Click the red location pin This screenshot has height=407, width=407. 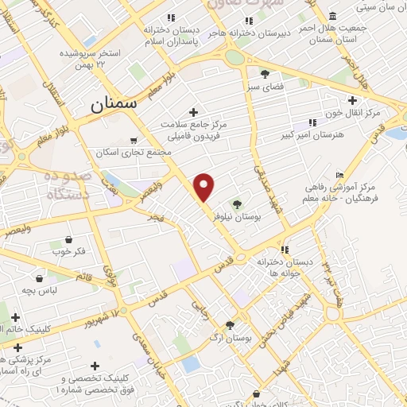pyautogui.click(x=204, y=186)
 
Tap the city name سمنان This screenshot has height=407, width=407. pyautogui.click(x=113, y=103)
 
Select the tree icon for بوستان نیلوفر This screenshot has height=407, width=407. pyautogui.click(x=237, y=204)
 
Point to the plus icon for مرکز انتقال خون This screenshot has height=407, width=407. pyautogui.click(x=354, y=100)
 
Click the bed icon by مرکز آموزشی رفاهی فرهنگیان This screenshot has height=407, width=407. pyautogui.click(x=340, y=175)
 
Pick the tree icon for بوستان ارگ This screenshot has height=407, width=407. pyautogui.click(x=230, y=324)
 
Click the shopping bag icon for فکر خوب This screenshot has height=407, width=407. pyautogui.click(x=69, y=239)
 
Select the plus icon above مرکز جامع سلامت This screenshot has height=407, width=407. pyautogui.click(x=193, y=112)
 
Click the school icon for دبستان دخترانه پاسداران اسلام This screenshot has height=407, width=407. pyautogui.click(x=170, y=17)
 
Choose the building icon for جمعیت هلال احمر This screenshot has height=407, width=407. pyautogui.click(x=332, y=17)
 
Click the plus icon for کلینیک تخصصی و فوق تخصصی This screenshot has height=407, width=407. pyautogui.click(x=95, y=366)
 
